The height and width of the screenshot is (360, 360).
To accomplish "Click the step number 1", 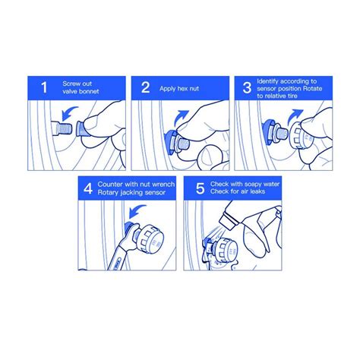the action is (x=44, y=87).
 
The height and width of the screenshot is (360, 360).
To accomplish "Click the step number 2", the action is (x=146, y=87).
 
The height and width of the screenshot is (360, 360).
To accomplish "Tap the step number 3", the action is (x=247, y=87).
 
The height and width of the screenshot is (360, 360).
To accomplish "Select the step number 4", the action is (x=88, y=188).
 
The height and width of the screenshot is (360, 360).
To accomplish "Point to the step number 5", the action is (x=200, y=188).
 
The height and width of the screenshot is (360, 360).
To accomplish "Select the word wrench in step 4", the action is (x=163, y=185).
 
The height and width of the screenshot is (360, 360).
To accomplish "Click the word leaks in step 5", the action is (x=257, y=191).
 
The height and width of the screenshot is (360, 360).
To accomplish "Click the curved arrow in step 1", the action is (x=68, y=112).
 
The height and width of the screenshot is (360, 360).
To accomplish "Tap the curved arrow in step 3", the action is (x=295, y=117).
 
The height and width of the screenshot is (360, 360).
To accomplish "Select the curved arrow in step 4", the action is (x=136, y=210).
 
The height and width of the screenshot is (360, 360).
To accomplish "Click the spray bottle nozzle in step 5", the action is (x=228, y=221).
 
